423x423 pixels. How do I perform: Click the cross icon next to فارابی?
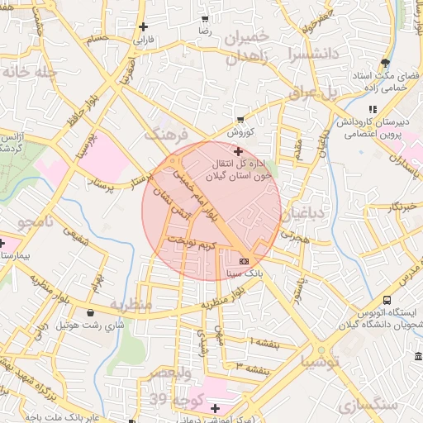click(x=145, y=26)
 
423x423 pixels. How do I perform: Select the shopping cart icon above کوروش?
click(x=240, y=120)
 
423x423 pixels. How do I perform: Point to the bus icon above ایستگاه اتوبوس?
click(x=387, y=301)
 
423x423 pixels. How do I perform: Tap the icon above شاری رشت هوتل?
click(x=90, y=313)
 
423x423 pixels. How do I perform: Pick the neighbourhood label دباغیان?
click(x=307, y=214)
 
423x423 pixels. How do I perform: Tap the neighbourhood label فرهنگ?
click(x=166, y=133)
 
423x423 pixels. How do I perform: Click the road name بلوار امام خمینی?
click(x=203, y=197)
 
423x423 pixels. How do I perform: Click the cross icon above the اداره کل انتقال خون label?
click(x=239, y=151)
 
